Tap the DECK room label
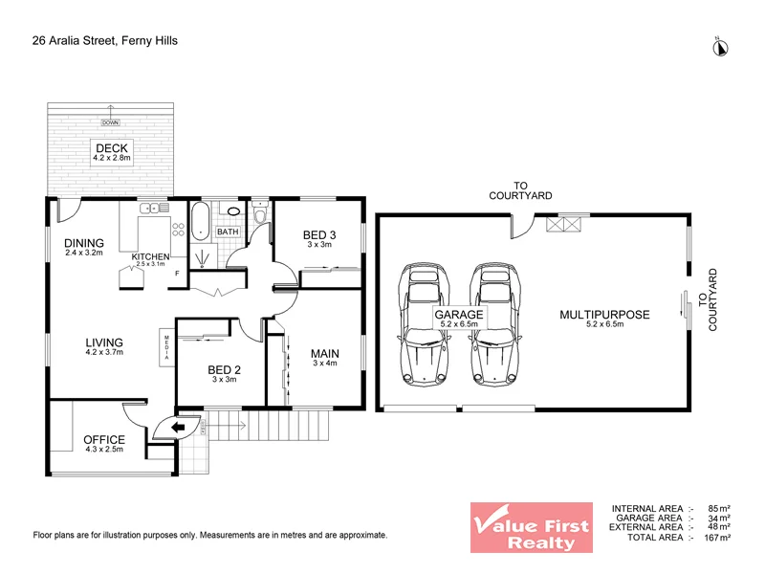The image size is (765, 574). [111, 145]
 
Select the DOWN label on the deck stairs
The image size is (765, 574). [111, 122]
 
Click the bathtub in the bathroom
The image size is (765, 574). [201, 221]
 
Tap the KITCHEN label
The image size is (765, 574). [151, 256]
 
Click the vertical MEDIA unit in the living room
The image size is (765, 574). [166, 344]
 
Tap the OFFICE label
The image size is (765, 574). [103, 439]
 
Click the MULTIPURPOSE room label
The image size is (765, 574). [605, 314]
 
